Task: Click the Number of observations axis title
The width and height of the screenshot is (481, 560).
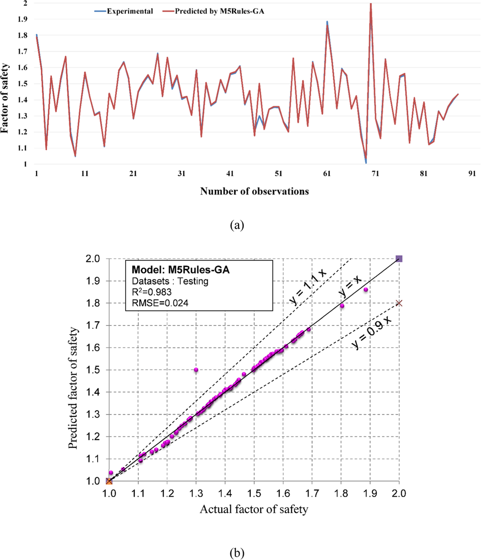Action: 254,191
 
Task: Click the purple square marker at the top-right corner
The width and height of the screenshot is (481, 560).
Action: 399,259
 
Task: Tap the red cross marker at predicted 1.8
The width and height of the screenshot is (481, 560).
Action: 399,303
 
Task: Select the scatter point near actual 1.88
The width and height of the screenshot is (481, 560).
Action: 366,289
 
